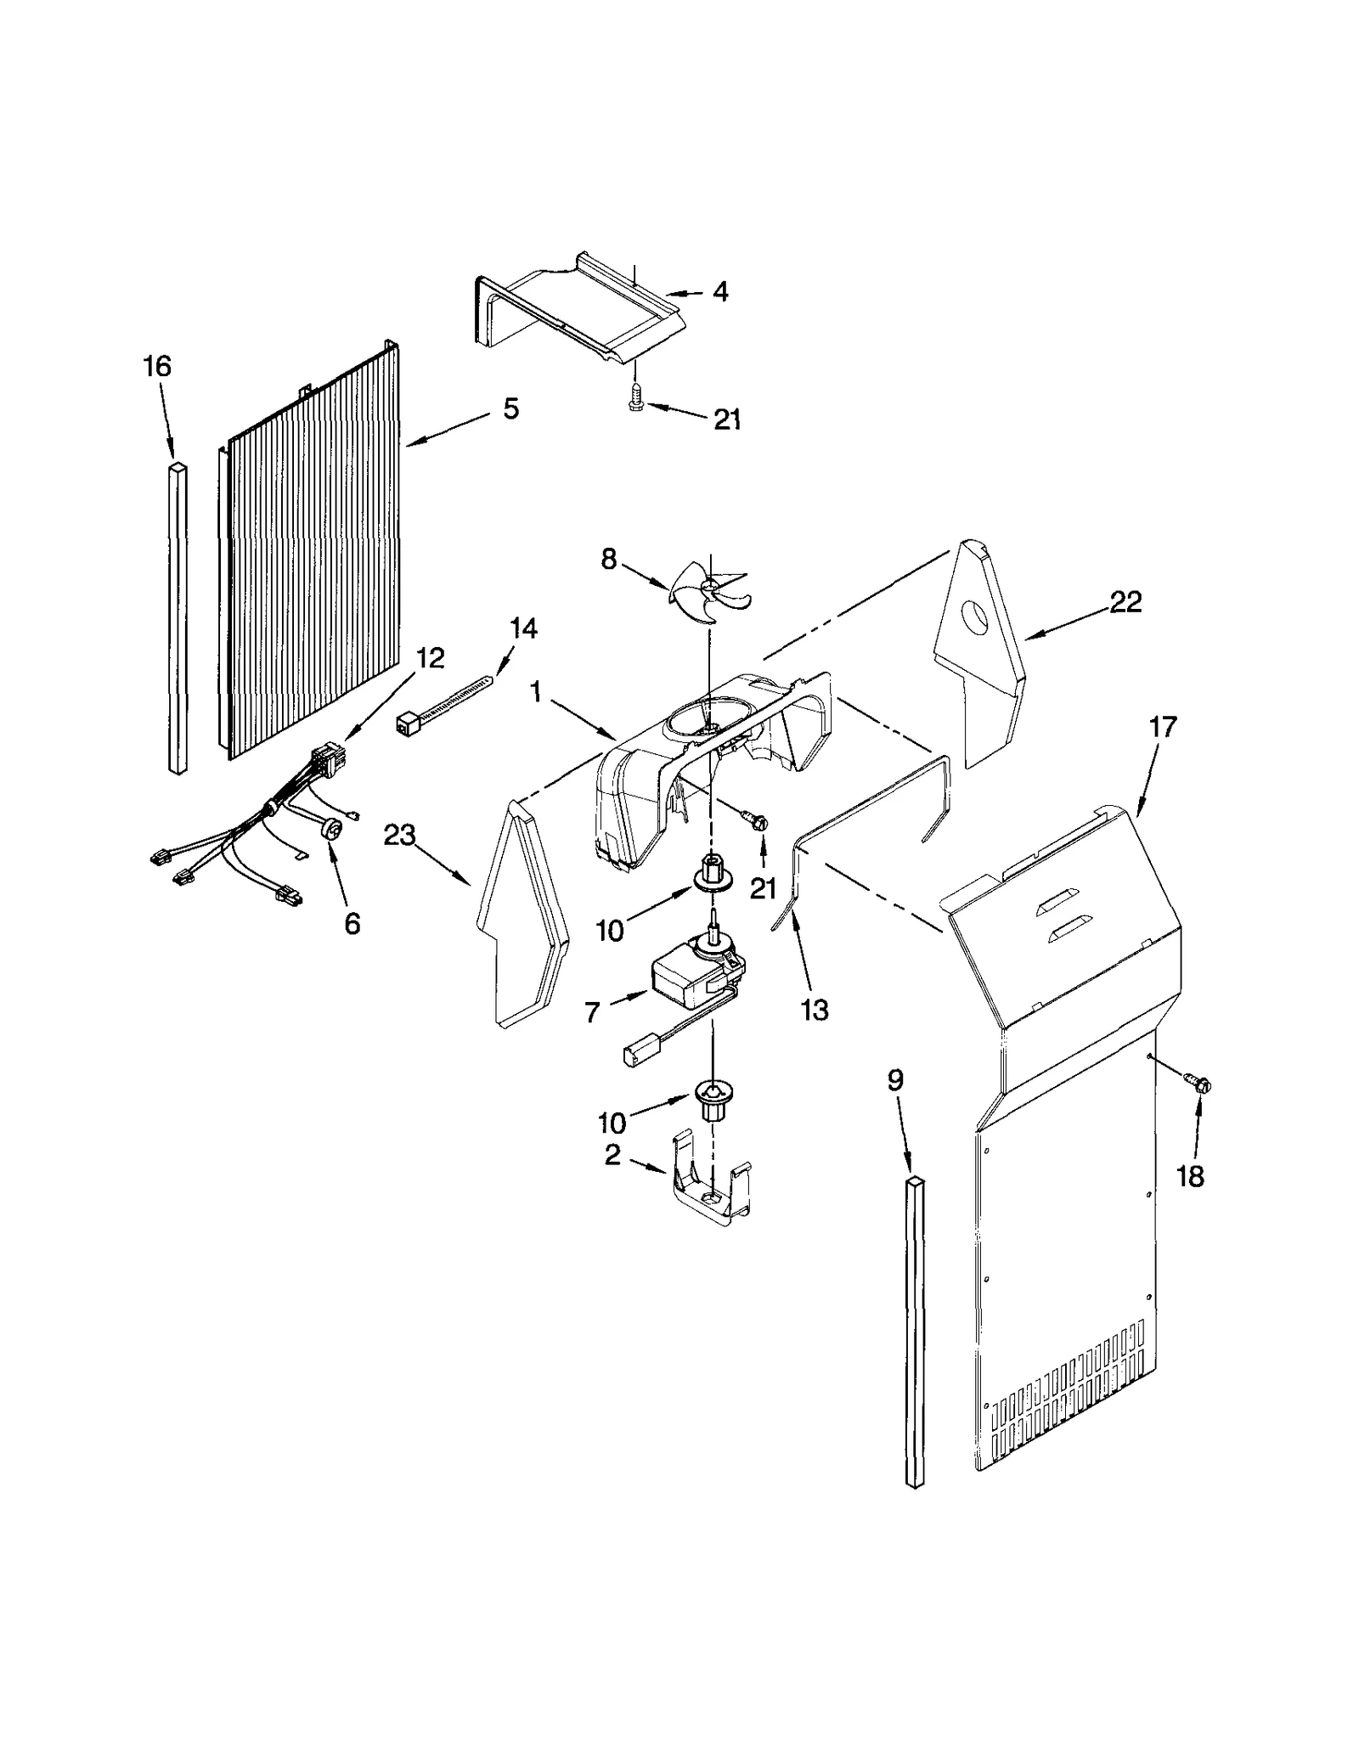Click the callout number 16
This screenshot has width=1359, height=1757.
(x=157, y=367)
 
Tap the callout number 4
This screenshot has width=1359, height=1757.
(x=720, y=292)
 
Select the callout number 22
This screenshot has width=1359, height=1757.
(x=1125, y=602)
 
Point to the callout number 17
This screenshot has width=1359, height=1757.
(x=1163, y=727)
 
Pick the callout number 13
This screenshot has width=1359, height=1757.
(x=815, y=1011)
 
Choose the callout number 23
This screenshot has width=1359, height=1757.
(x=399, y=836)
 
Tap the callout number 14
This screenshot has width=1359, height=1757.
(x=523, y=629)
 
